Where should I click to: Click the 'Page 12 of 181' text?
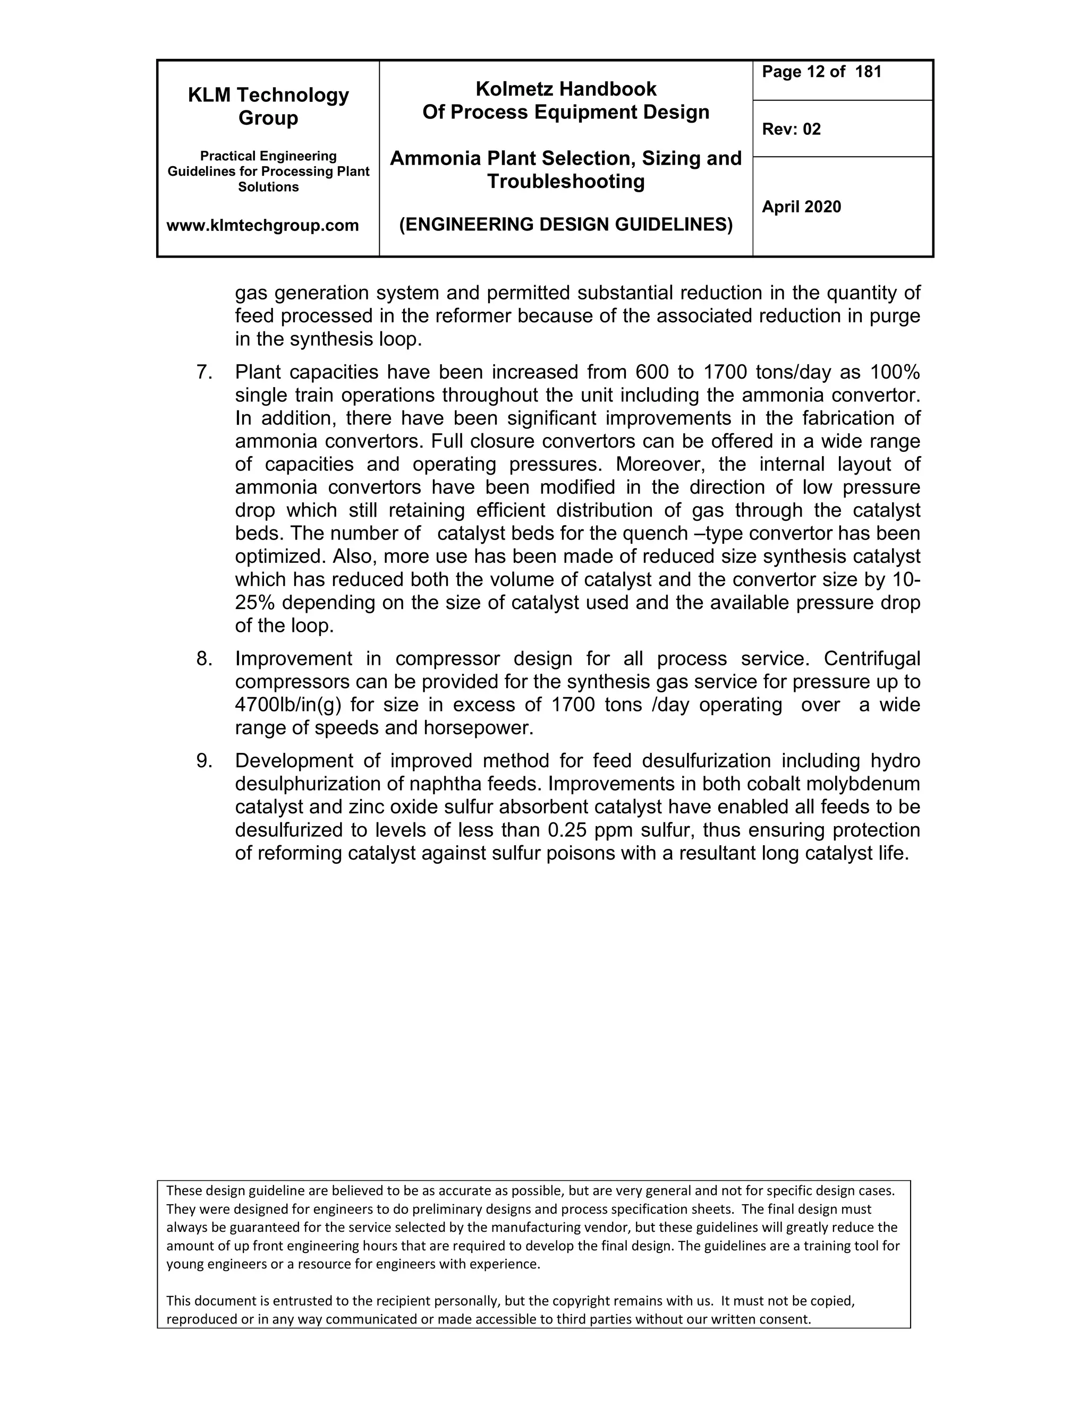[x=821, y=72]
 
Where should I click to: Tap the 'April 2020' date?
[x=801, y=207]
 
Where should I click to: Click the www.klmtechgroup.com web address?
[x=262, y=226]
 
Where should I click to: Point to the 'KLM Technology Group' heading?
[x=268, y=106]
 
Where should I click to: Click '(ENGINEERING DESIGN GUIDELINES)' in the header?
[x=565, y=225]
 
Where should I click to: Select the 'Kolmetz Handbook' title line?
[x=565, y=89]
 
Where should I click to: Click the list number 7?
[x=205, y=372]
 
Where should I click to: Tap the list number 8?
[x=205, y=658]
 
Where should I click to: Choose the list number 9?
[x=205, y=761]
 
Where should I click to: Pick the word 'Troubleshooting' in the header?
[x=565, y=182]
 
